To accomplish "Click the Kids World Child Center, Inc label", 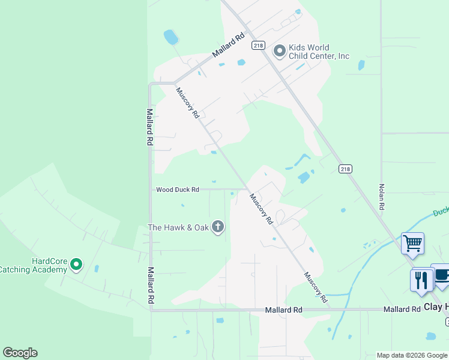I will pos(319,52).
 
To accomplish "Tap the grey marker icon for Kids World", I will pos(279,51).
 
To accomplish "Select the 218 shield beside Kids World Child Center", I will pos(259,45).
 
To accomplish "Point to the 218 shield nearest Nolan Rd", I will pos(345,169).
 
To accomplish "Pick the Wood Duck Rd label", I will pos(177,190).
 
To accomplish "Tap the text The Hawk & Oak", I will pos(179,227).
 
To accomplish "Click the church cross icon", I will pos(218,227).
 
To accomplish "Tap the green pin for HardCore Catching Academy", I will pos(76,264).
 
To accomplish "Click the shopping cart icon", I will pos(412,244).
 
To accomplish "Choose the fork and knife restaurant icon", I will pos(421,280).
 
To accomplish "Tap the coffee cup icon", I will pos(442,275).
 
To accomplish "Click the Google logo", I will pos(20,353).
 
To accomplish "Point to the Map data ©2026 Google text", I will pos(412,355).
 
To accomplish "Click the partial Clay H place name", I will pos(436,307).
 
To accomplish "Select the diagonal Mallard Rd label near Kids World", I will pos(229,45).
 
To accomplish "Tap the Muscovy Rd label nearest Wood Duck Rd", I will pos(262,209).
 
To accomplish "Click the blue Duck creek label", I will pos(441,213).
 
